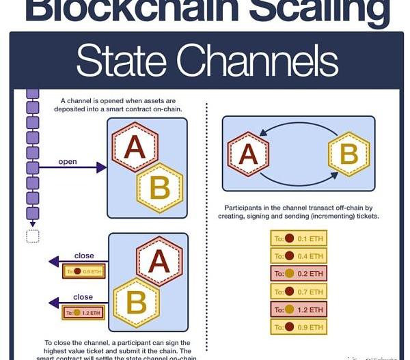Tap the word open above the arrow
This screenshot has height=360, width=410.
(68, 162)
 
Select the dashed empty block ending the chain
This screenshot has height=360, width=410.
(32, 236)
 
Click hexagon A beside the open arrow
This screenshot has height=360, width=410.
(135, 148)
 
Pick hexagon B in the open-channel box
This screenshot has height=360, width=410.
(160, 186)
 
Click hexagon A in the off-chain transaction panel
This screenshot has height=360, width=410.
(249, 154)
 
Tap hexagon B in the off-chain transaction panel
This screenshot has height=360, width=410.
(348, 154)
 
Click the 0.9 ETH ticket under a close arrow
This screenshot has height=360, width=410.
(85, 271)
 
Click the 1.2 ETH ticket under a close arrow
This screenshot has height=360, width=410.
(85, 313)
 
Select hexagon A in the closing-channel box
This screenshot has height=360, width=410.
(160, 262)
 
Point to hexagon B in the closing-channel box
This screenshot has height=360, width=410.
(136, 302)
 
